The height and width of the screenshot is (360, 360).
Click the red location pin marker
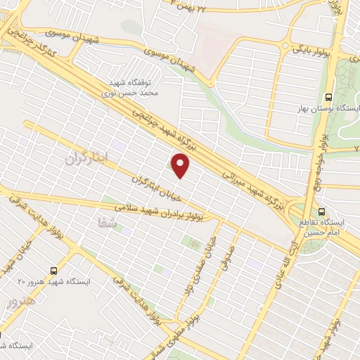pos(181,166)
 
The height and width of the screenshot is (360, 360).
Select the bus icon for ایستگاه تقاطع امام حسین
pos(322,212)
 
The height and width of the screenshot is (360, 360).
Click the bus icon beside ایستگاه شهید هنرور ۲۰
pos(54,269)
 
